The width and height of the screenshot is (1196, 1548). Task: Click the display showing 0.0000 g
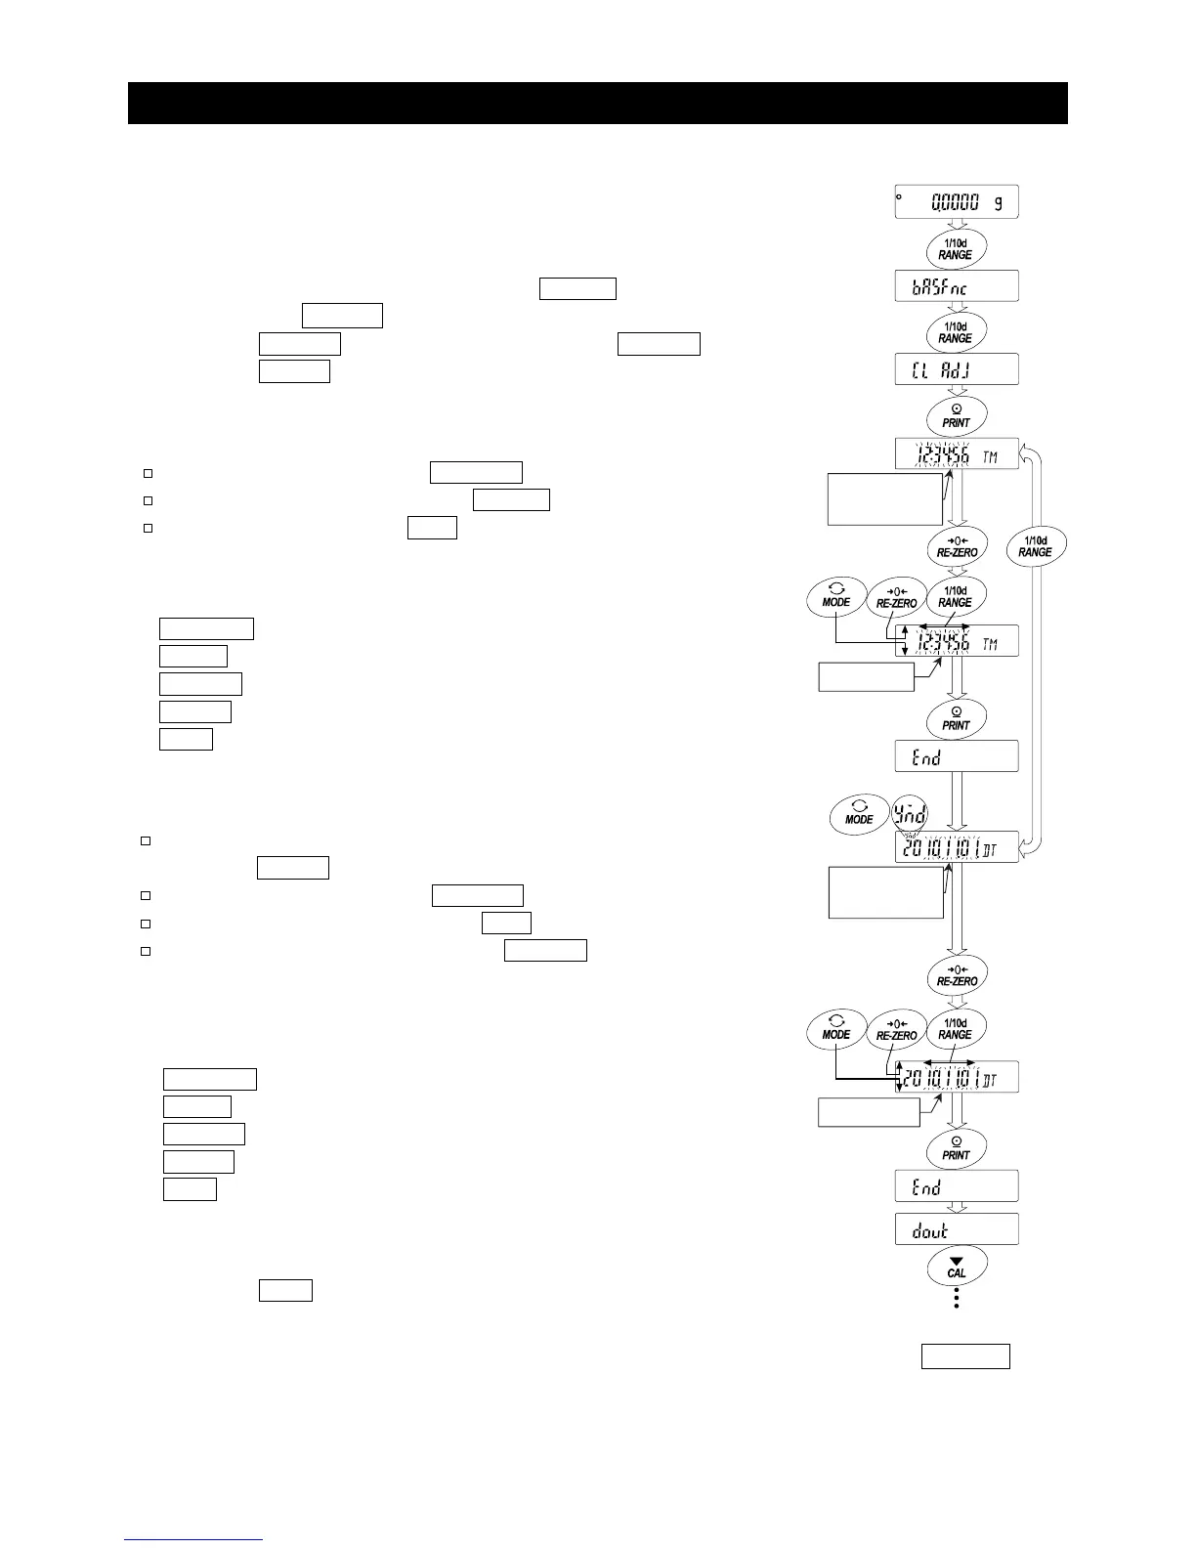tap(957, 202)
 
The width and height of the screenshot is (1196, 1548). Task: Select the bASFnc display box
tap(957, 286)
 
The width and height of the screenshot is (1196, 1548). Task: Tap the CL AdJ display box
tap(957, 369)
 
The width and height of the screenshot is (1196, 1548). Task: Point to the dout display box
tap(957, 1229)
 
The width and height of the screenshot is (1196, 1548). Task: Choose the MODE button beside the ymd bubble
tap(859, 814)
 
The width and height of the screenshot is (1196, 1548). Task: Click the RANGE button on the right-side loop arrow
tap(1035, 546)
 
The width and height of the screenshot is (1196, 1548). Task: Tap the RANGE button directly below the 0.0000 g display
tap(956, 248)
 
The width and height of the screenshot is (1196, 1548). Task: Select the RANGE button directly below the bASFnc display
tap(956, 332)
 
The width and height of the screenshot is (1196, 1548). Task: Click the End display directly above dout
tap(957, 1185)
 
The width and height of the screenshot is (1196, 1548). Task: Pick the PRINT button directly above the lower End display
tap(956, 1148)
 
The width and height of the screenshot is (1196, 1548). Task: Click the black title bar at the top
tap(597, 103)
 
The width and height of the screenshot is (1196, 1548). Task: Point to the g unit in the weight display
tap(998, 203)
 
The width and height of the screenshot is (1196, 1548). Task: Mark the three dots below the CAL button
tap(957, 1298)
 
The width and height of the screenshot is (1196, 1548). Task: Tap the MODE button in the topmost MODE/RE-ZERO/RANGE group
tap(836, 597)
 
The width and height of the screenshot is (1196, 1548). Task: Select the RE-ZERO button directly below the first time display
tap(957, 546)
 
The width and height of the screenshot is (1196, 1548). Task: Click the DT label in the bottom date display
tap(990, 1080)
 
